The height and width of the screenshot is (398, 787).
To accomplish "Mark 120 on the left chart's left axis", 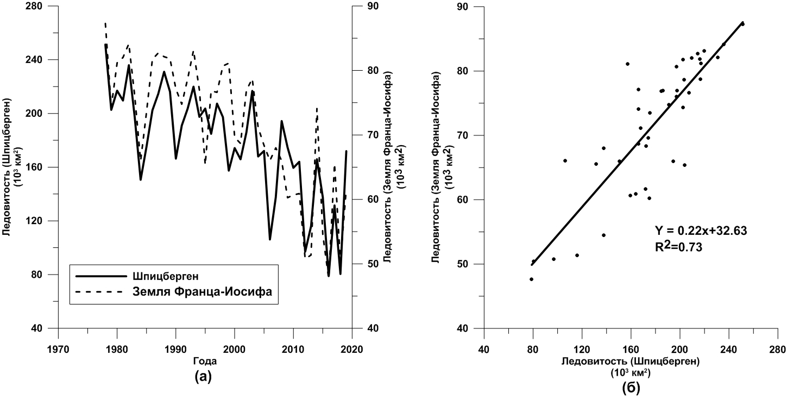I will [x=38, y=221].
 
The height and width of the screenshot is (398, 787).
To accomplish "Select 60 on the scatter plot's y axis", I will [x=463, y=200].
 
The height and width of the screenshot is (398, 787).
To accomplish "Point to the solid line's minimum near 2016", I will [x=329, y=276].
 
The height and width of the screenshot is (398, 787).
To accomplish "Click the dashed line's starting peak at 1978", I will [x=105, y=23].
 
